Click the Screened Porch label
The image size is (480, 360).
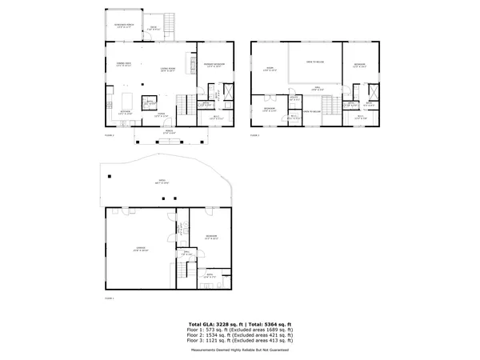122,24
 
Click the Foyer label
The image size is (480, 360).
161,114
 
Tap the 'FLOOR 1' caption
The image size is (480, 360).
110,298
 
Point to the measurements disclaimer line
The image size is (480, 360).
240,350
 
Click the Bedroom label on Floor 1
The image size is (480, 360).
210,237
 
